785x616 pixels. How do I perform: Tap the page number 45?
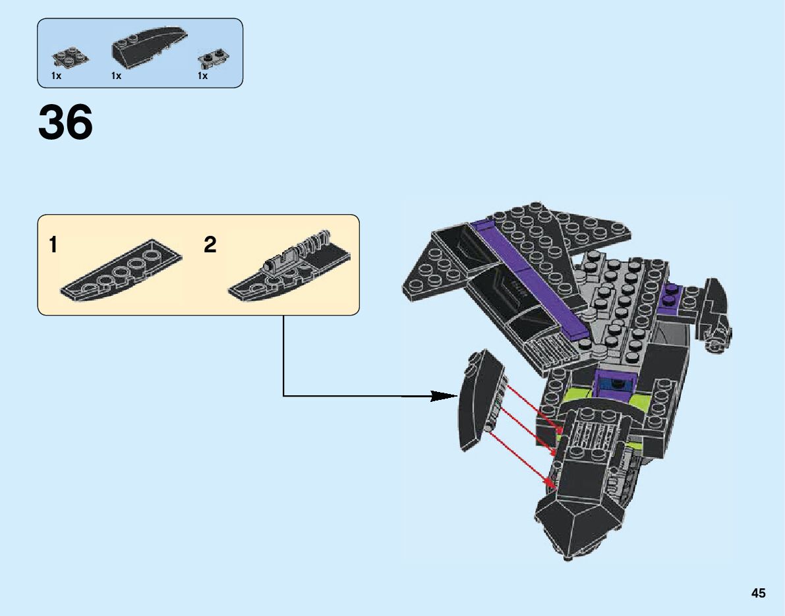click(758, 594)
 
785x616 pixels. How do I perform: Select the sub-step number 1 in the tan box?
click(53, 246)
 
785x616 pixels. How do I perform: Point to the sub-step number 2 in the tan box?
click(210, 246)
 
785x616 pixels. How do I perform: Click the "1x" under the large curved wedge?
click(117, 76)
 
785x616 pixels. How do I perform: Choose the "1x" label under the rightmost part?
click(202, 76)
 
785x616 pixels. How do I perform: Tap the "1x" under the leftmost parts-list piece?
click(57, 76)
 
